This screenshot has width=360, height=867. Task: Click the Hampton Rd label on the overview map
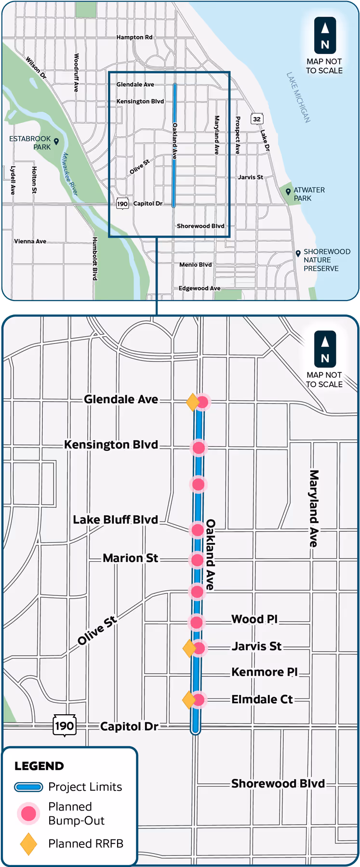134,37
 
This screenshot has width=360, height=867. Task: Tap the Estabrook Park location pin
56,141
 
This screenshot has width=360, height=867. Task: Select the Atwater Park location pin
288,192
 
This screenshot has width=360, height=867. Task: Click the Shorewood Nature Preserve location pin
298,253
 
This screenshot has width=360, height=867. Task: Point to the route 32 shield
257,119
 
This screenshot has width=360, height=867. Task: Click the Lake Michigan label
298,97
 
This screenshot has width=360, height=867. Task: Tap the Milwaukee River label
70,174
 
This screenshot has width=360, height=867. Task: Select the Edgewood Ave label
200,288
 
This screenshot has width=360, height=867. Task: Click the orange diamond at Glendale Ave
193,402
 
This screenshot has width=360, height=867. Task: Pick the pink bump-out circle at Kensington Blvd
199,447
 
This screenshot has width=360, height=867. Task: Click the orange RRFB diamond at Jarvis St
189,648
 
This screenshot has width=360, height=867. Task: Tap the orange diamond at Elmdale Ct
189,699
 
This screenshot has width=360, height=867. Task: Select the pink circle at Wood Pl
197,622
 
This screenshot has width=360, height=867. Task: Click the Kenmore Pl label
264,672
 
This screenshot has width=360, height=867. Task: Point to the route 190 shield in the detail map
64,725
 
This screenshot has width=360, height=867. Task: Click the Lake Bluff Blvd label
116,520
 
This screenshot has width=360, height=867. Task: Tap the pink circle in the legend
28,813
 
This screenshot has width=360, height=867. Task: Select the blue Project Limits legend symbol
29,787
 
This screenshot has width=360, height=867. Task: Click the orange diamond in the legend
28,844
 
